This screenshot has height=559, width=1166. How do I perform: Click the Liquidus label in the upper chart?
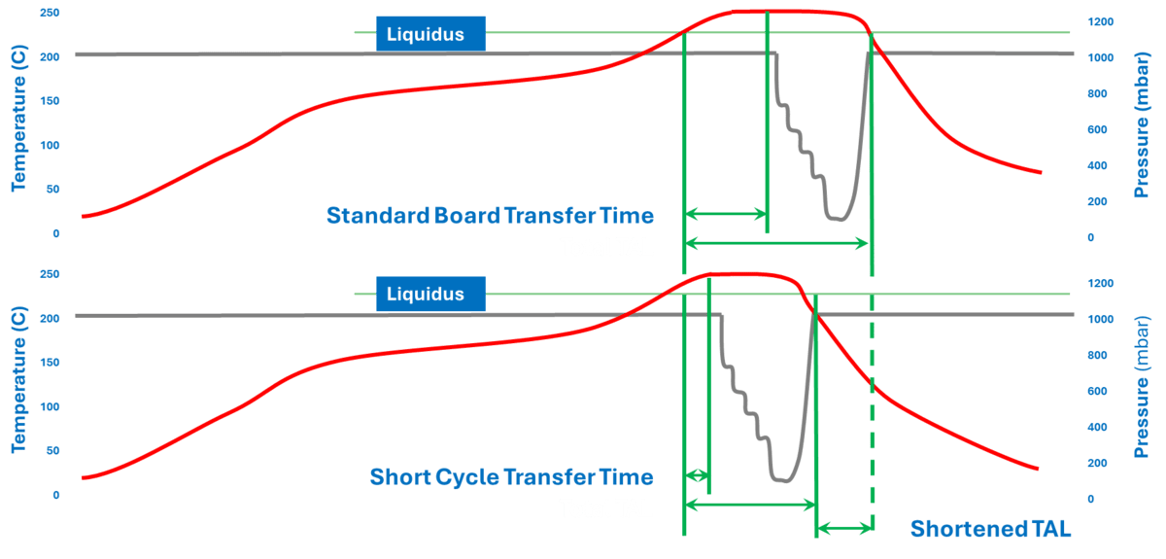click(426, 35)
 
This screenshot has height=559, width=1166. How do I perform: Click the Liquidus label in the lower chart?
click(426, 294)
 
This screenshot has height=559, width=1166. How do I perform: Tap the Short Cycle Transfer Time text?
click(511, 477)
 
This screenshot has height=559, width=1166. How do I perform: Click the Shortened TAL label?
click(991, 530)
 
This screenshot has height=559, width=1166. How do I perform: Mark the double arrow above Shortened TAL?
click(844, 529)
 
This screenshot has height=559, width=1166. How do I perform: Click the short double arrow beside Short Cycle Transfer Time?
click(697, 475)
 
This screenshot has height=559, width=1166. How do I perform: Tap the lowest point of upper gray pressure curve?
click(837, 220)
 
